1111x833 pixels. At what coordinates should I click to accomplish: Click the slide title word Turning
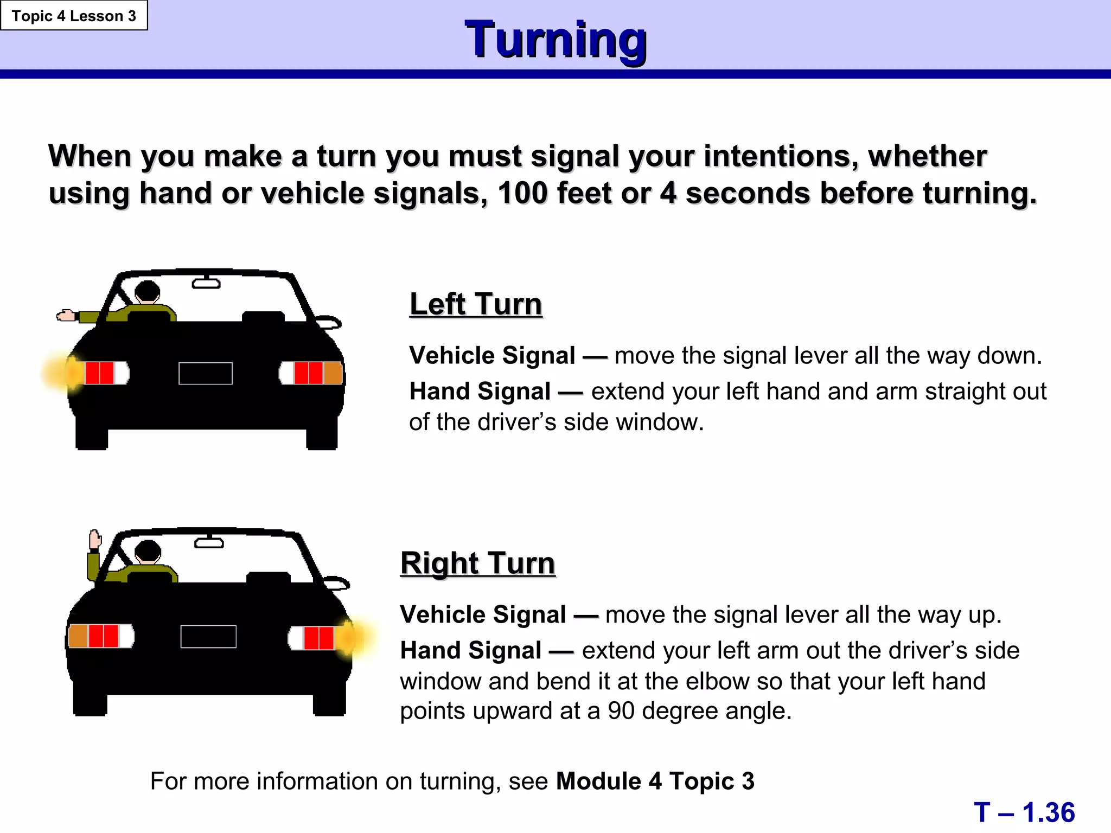[555, 39]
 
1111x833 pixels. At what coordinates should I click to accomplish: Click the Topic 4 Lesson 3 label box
[74, 16]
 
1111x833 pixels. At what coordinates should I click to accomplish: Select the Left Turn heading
[476, 304]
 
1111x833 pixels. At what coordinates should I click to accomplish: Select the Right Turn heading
[477, 563]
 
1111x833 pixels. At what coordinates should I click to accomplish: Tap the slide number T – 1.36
[1024, 812]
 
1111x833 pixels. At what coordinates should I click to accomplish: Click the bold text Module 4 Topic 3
[655, 781]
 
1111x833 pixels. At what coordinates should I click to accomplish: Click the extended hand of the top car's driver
[66, 315]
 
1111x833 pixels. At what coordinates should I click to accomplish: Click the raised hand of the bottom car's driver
[95, 539]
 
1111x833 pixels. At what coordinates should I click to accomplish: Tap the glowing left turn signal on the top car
[64, 373]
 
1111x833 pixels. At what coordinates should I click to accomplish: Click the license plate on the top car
[206, 373]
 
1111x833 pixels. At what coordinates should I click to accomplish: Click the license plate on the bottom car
[208, 636]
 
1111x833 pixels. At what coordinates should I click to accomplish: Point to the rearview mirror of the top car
[206, 283]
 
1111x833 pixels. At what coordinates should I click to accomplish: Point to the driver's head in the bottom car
[148, 551]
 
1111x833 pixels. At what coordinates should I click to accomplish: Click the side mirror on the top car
[329, 322]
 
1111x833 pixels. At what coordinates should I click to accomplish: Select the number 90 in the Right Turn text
[621, 710]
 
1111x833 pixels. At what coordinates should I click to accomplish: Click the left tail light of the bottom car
[101, 636]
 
